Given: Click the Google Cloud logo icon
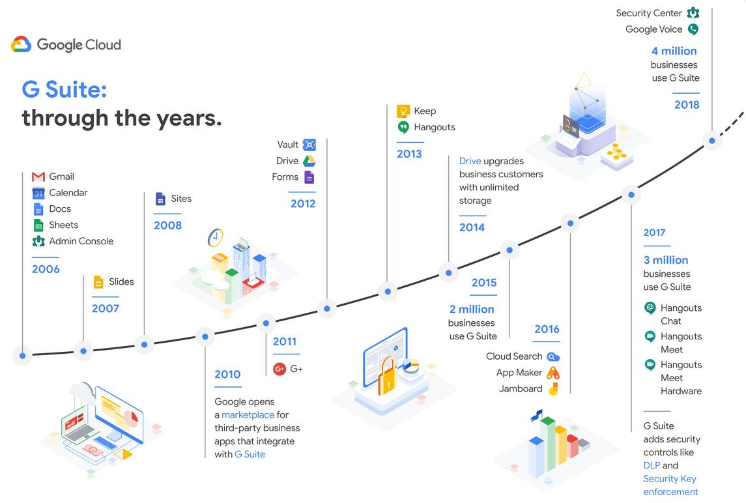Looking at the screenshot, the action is coord(22,44).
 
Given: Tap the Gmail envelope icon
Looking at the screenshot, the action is coord(38,177).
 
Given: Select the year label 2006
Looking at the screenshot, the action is coord(46,269).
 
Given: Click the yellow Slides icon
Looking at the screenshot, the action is coord(98,281).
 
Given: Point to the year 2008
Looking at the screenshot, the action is coord(167,225).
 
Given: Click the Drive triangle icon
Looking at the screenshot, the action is coord(309,161).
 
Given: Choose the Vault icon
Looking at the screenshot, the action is coord(309,145).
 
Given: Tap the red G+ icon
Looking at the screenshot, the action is coord(280,369).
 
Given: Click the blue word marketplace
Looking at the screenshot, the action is coord(248,415).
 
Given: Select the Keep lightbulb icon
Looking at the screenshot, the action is coord(403,111).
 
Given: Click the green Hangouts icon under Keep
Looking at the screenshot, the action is coord(403,127).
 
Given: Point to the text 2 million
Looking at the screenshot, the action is coord(472,309).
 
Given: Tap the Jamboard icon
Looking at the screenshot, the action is coord(553,389).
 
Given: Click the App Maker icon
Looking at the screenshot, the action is coord(553,373).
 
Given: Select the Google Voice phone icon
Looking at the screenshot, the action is coord(693,29).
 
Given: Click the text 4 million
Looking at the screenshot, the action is coord(674,51).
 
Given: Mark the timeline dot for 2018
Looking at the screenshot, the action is coord(711,141).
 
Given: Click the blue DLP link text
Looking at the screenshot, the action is coord(652,465).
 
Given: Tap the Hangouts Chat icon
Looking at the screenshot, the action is coord(650,308).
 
